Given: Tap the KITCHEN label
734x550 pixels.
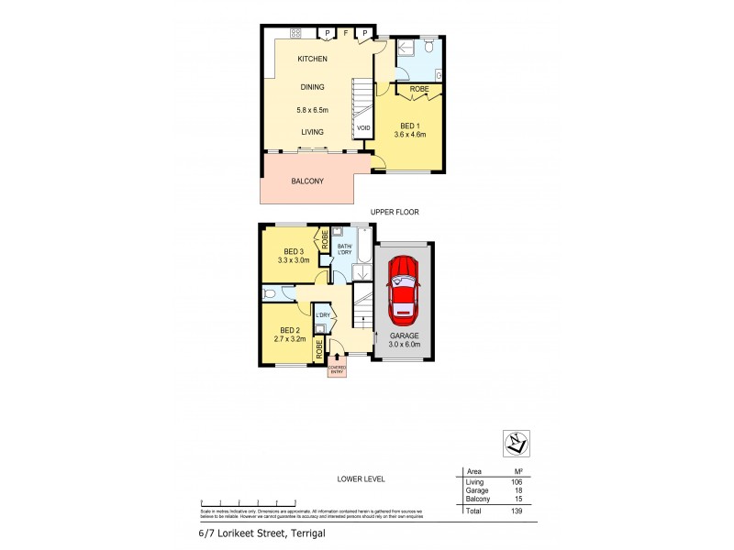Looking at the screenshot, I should pyautogui.click(x=312, y=60).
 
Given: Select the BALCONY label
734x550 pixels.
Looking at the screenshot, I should pyautogui.click(x=307, y=181).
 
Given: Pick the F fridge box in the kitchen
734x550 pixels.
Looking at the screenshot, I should pyautogui.click(x=345, y=34).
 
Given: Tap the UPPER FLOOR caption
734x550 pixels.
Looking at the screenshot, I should pyautogui.click(x=395, y=212).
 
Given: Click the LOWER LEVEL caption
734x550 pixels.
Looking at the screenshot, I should pyautogui.click(x=360, y=478).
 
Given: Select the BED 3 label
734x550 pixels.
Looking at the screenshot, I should pyautogui.click(x=293, y=251).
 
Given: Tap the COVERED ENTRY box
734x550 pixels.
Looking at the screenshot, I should pyautogui.click(x=338, y=370).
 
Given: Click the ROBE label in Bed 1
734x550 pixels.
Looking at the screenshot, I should pyautogui.click(x=418, y=89).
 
